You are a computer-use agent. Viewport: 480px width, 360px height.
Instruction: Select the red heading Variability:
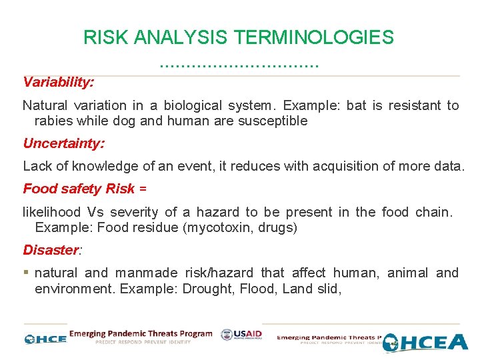coord(58,82)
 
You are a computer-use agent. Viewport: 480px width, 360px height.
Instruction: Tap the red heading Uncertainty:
coord(63,143)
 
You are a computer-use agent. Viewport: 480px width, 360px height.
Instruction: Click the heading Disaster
coord(51,250)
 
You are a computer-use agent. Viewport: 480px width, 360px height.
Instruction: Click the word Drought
coord(207,288)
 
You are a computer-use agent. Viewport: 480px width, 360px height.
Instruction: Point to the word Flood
coord(257,288)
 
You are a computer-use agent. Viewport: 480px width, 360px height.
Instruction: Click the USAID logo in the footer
coord(241,335)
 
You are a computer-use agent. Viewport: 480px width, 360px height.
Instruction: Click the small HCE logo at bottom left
coord(45,339)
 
